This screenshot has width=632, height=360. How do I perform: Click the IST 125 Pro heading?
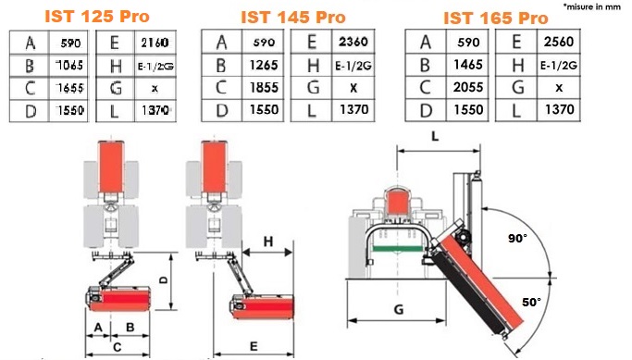[97, 16]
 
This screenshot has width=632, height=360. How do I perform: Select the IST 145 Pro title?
[293, 18]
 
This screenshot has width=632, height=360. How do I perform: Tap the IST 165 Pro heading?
[496, 19]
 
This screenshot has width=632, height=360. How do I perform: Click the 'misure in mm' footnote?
[592, 6]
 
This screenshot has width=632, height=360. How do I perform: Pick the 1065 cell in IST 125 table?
[69, 65]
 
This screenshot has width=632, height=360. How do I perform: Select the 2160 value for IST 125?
[155, 43]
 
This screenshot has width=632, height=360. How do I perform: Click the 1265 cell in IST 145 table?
[264, 65]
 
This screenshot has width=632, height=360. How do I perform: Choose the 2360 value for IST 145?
[353, 42]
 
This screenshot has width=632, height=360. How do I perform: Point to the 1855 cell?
[264, 88]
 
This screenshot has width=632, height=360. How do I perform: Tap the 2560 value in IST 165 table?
[559, 41]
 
